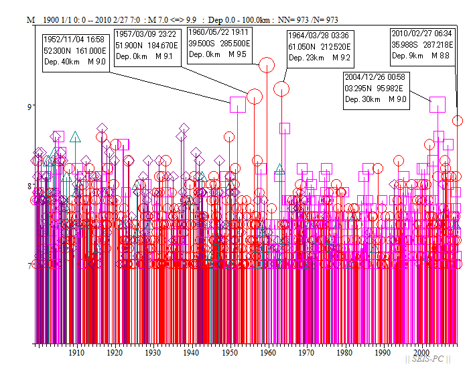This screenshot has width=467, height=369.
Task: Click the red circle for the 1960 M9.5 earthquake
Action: [267, 65]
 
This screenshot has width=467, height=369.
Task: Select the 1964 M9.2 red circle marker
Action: [281, 88]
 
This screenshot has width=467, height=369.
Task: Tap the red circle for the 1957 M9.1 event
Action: [255, 97]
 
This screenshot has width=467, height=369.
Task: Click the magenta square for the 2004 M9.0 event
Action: [438, 104]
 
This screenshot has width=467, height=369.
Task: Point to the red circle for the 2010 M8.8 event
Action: [458, 121]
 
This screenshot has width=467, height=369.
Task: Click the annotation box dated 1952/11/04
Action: [74, 50]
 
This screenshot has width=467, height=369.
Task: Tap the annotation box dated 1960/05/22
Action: [218, 42]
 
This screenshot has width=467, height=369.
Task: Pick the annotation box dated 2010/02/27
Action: [423, 44]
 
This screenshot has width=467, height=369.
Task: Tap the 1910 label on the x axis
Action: [76, 353]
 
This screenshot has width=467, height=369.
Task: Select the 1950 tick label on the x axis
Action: [230, 353]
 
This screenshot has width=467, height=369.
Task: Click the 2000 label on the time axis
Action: [421, 353]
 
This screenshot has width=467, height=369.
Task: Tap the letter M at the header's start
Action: [30, 20]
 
